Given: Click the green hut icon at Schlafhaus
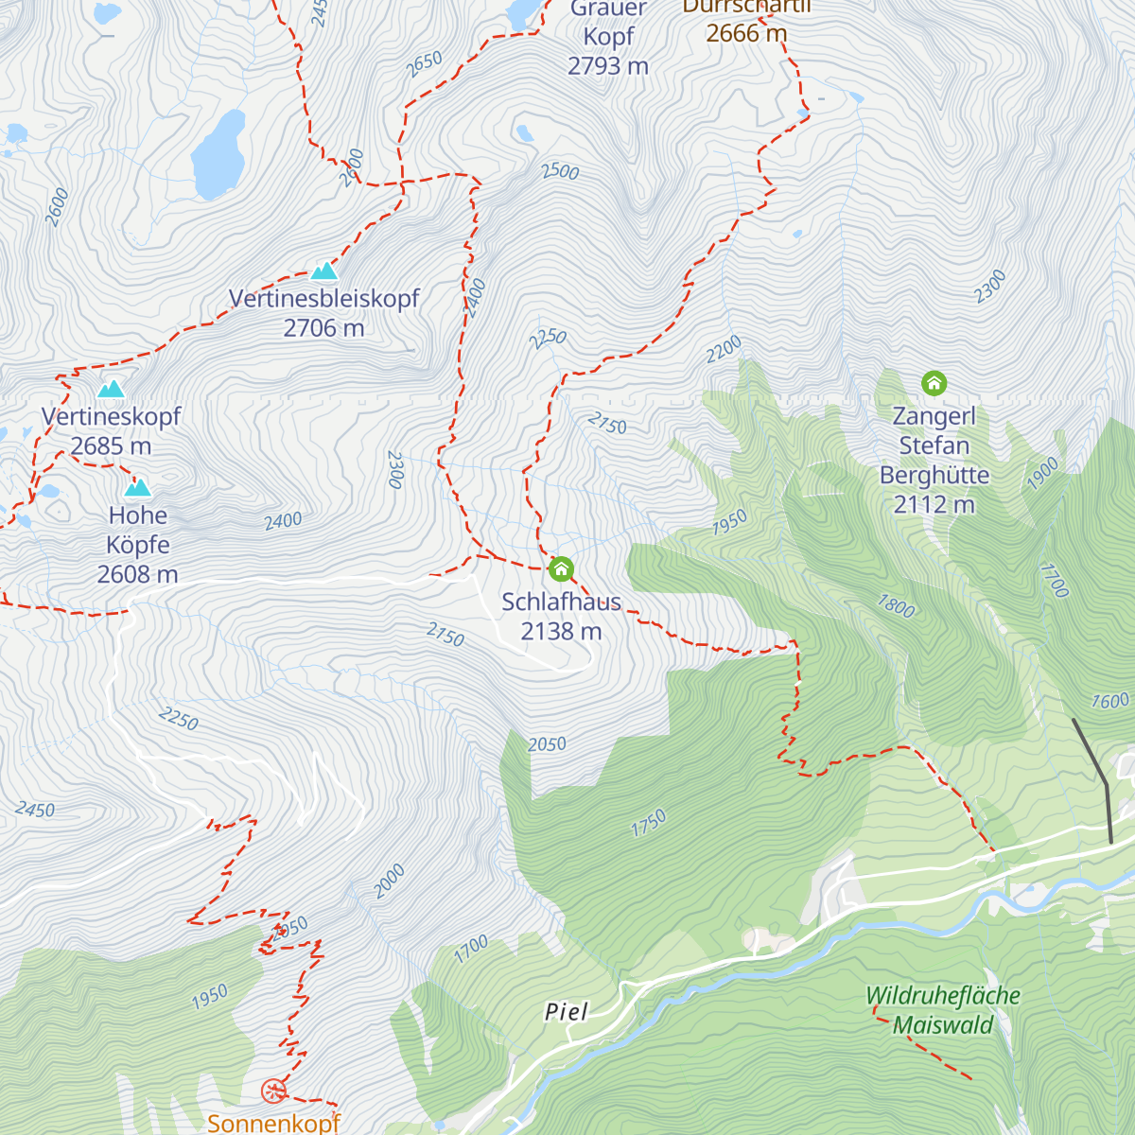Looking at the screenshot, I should click(x=561, y=569).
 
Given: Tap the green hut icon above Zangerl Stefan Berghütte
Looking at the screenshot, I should click(x=934, y=383).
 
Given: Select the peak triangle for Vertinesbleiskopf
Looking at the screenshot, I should click(x=324, y=271).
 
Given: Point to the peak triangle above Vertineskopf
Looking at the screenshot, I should click(x=112, y=389).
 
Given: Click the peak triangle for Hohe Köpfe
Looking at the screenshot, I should click(x=138, y=488).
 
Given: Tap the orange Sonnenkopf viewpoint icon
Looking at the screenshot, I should click(x=273, y=1091).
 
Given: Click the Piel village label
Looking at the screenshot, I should click(x=567, y=1012).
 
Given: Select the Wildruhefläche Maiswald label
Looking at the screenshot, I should click(x=943, y=1010).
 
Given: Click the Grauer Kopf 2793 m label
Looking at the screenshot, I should click(x=608, y=38).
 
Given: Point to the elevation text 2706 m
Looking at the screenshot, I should click(x=323, y=328).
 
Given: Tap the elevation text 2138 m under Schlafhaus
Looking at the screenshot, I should click(x=561, y=631).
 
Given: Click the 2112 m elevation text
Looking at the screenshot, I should click(x=934, y=504).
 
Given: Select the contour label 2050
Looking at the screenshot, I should click(x=547, y=745).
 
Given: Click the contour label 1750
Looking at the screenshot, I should click(x=649, y=823).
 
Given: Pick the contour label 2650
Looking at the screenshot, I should click(x=424, y=64).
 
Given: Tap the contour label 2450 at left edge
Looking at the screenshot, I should click(x=34, y=810).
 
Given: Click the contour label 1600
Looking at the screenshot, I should click(x=1109, y=701).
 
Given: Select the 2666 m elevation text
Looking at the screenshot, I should click(x=746, y=33).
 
